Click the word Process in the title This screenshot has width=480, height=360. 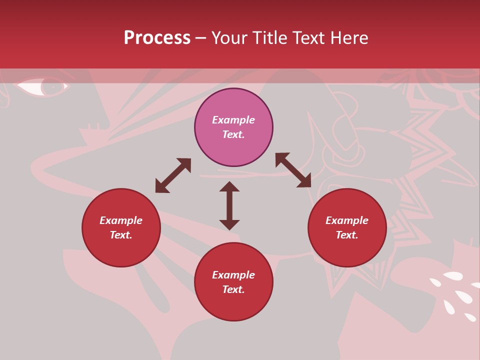[x=157, y=38]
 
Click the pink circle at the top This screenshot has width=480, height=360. [x=233, y=127]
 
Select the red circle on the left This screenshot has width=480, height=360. [x=121, y=227]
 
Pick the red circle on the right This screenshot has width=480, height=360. [x=347, y=227]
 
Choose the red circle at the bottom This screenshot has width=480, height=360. [x=233, y=282]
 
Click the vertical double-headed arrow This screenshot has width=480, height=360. [x=229, y=205]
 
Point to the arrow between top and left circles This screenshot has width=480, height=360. [x=173, y=175]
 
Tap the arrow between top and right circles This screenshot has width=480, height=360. [x=293, y=170]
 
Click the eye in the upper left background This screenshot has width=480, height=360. [x=42, y=86]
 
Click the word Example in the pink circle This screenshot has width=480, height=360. [x=233, y=120]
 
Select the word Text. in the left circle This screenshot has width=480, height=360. [x=121, y=235]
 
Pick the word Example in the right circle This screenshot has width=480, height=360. [x=347, y=220]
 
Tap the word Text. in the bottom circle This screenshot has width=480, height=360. [x=233, y=289]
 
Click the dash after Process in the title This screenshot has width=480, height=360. [x=200, y=38]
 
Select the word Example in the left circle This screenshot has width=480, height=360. [x=121, y=220]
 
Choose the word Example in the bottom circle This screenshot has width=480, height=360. [x=233, y=275]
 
